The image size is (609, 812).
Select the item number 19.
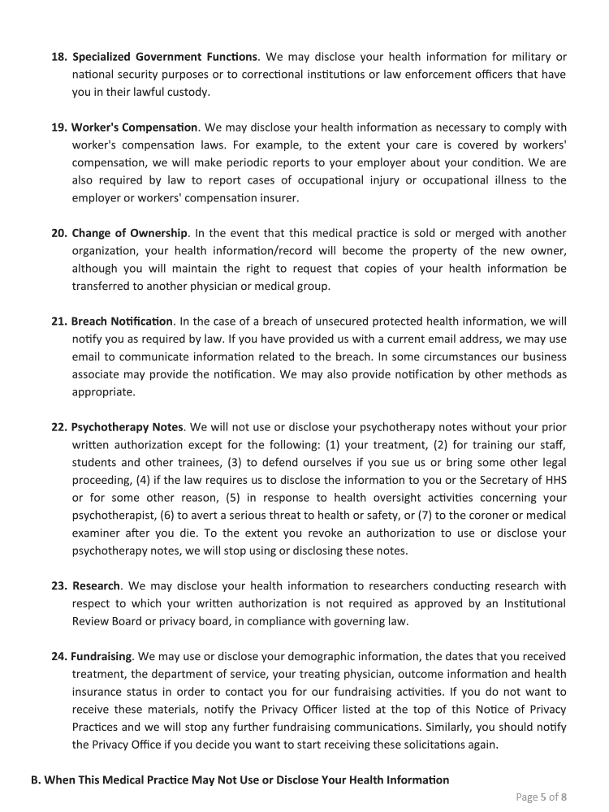[x=60, y=127]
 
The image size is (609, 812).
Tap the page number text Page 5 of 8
[x=542, y=797]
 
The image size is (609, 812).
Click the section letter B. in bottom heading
[x=37, y=780]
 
